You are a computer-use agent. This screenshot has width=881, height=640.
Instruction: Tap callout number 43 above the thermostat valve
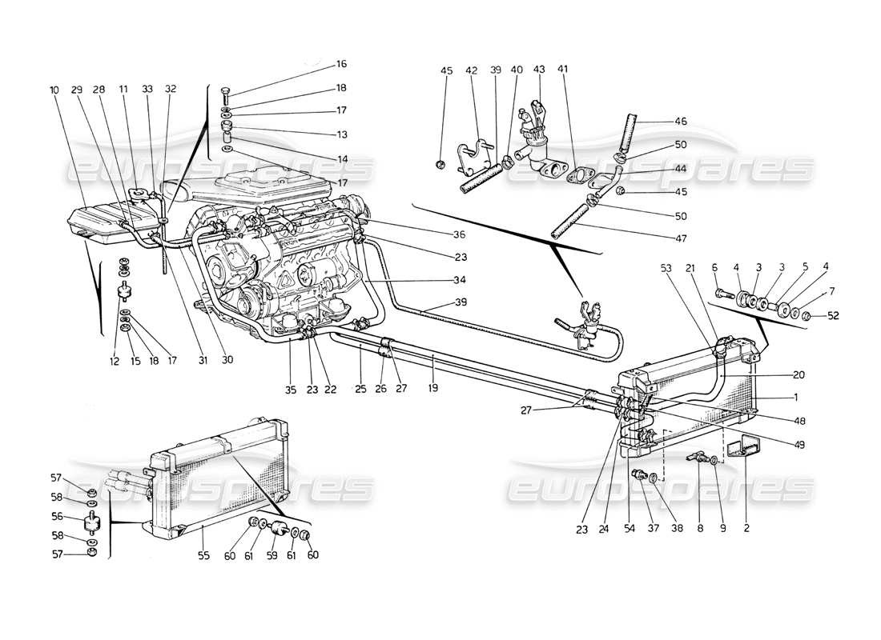[x=538, y=70]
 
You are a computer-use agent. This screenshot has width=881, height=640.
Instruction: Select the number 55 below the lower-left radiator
[x=203, y=554]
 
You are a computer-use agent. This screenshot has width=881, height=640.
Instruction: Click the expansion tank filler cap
[x=142, y=193]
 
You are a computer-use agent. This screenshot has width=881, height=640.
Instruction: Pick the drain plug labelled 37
[x=638, y=474]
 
